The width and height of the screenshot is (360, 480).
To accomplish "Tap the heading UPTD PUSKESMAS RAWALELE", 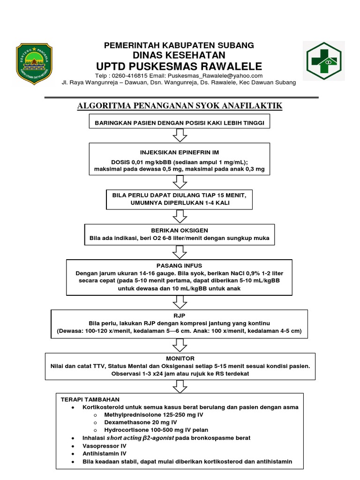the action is tap(179, 66).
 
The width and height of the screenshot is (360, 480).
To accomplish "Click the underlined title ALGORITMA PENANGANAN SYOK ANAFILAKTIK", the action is tap(180, 106).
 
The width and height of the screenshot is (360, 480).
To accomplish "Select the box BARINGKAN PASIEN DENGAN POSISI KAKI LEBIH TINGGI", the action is tap(180, 123).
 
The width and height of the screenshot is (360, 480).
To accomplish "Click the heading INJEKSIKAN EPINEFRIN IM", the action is tap(180, 152).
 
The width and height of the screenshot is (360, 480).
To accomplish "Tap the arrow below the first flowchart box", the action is tap(180, 135).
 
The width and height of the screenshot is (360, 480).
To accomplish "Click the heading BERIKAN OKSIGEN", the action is tap(180, 231).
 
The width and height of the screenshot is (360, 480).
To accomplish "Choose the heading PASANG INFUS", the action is tap(180, 265).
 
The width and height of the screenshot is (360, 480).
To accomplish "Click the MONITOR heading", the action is tap(180, 358).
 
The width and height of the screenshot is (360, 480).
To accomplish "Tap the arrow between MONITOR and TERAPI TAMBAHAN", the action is tap(180, 386).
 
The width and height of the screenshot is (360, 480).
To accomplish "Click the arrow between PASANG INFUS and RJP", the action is tap(180, 302).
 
